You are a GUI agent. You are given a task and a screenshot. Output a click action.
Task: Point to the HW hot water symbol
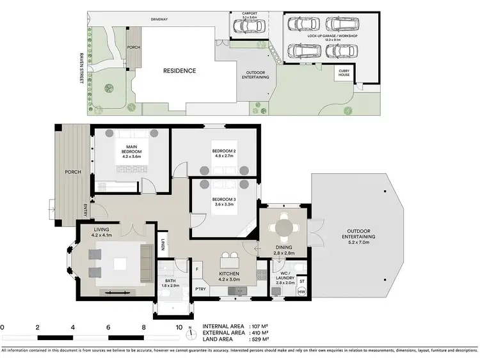[x=302, y=292]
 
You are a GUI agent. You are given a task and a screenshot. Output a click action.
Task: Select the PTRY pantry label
[x=200, y=289]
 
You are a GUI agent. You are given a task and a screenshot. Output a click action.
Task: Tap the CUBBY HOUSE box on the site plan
[x=344, y=75]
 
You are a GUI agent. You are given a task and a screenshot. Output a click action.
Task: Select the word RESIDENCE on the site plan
[x=179, y=70]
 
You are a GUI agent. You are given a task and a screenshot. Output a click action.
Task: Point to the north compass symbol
[x=190, y=332]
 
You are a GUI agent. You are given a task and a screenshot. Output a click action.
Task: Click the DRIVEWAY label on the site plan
[x=159, y=19]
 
